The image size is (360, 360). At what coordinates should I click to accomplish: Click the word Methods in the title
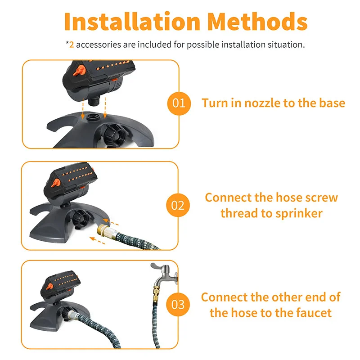[x=257, y=21]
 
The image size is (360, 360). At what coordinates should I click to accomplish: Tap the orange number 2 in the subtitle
[x=72, y=45]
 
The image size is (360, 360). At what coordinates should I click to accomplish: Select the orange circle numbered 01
[x=179, y=103]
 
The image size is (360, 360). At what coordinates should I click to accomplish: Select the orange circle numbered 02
[x=178, y=205]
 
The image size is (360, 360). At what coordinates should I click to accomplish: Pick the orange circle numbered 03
[x=178, y=305]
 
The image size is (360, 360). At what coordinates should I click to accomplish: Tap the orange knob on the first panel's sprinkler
[x=79, y=71]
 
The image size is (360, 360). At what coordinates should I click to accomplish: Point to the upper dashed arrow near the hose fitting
[x=110, y=222]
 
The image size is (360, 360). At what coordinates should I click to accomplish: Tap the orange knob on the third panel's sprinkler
[x=49, y=287]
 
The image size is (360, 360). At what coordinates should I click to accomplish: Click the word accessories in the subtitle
[x=99, y=45]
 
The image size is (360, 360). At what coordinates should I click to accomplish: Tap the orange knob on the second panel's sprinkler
[x=56, y=183]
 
